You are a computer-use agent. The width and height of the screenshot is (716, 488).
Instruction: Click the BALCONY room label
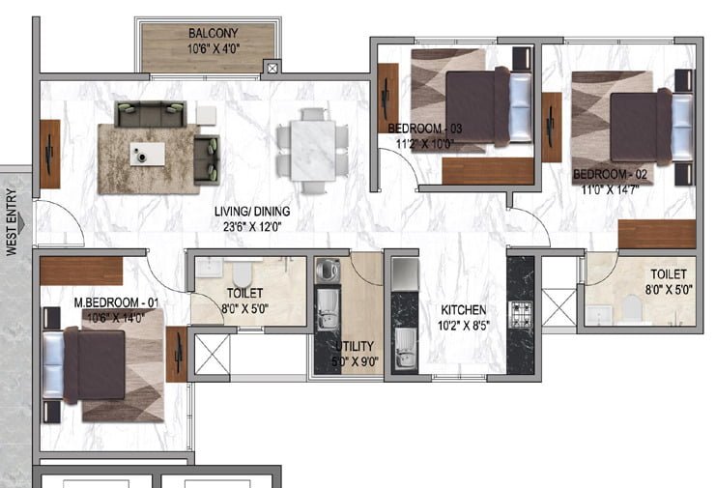click(x=214, y=33)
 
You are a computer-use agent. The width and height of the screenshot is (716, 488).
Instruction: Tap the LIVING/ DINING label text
click(x=252, y=212)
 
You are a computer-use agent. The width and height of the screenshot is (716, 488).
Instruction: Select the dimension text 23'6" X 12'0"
click(x=252, y=227)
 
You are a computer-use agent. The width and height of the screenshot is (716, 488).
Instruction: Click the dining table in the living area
click(x=313, y=150)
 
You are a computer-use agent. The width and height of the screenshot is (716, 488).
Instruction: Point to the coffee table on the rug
click(x=147, y=154)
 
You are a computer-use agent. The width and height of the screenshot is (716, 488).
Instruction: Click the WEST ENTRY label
click(x=12, y=222)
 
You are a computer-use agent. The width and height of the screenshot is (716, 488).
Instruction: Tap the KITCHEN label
click(x=464, y=310)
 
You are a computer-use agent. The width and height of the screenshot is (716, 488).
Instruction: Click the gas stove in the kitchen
click(x=521, y=314)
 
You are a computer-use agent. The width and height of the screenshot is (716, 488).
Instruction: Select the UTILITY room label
click(x=355, y=346)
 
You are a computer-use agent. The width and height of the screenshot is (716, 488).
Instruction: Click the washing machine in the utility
click(x=328, y=270)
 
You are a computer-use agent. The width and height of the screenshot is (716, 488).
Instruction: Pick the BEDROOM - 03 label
click(x=424, y=129)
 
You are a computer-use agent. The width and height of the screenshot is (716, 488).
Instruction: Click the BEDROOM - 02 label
click(x=610, y=174)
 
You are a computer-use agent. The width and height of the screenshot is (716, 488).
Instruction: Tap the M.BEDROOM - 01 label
click(x=116, y=302)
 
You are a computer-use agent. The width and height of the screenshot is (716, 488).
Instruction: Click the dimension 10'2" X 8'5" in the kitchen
click(x=464, y=326)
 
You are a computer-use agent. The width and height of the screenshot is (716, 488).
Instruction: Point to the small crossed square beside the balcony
click(x=272, y=69)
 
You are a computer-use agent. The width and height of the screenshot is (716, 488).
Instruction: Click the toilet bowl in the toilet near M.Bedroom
click(x=242, y=273)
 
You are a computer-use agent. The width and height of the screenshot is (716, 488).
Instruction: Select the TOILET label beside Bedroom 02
click(x=669, y=273)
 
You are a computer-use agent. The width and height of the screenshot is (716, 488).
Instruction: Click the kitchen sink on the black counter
click(x=405, y=348)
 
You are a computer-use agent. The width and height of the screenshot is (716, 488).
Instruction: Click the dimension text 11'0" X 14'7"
click(x=610, y=189)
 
